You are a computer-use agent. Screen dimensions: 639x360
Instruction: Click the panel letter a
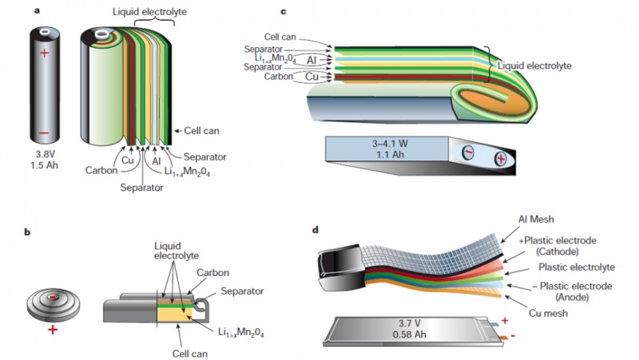pyautogui.click(x=37, y=11)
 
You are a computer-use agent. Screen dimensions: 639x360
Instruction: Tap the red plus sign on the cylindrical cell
pyautogui.click(x=45, y=53)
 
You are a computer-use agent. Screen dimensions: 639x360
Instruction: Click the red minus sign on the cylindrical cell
pyautogui.click(x=45, y=133)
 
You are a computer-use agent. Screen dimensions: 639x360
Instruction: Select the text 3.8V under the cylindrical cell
pyautogui.click(x=45, y=155)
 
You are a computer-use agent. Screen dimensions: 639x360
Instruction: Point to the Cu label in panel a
pyautogui.click(x=128, y=160)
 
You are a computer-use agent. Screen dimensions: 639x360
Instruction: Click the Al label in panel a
pyautogui.click(x=156, y=162)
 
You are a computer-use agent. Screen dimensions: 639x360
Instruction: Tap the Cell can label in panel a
pyautogui.click(x=201, y=131)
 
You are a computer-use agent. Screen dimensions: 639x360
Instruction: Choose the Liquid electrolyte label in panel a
pyautogui.click(x=149, y=12)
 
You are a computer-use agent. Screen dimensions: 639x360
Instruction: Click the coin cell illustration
pyautogui.click(x=54, y=305)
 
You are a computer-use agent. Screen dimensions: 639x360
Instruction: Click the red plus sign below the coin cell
pyautogui.click(x=53, y=330)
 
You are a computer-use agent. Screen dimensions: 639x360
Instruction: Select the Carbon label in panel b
pyautogui.click(x=212, y=272)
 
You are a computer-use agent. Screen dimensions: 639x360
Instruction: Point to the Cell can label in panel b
pyautogui.click(x=190, y=354)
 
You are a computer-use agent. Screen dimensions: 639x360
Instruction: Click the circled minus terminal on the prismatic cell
pyautogui.click(x=468, y=152)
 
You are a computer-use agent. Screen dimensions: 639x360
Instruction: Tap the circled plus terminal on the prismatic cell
pyautogui.click(x=501, y=158)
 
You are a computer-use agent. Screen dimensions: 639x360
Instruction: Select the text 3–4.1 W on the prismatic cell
pyautogui.click(x=390, y=144)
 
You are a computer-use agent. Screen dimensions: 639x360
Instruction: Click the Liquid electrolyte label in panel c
pyautogui.click(x=534, y=66)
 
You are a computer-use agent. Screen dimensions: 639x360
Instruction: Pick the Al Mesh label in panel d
pyautogui.click(x=536, y=220)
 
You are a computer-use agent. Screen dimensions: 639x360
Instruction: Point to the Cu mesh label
pyautogui.click(x=548, y=313)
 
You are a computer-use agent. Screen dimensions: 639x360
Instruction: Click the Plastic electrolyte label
pyautogui.click(x=577, y=267)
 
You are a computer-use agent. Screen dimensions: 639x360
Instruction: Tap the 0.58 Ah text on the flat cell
pyautogui.click(x=410, y=334)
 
